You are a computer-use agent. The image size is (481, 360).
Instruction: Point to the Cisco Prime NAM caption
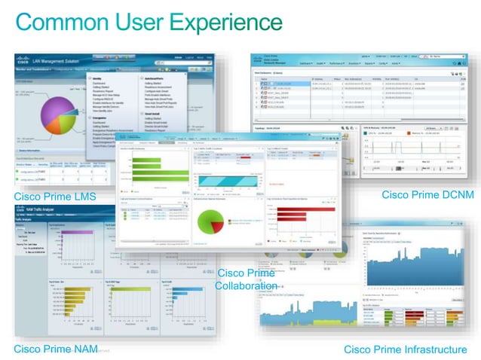(54, 349)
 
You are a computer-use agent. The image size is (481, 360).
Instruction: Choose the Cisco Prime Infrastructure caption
(405, 349)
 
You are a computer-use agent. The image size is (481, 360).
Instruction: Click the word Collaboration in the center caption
(246, 286)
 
